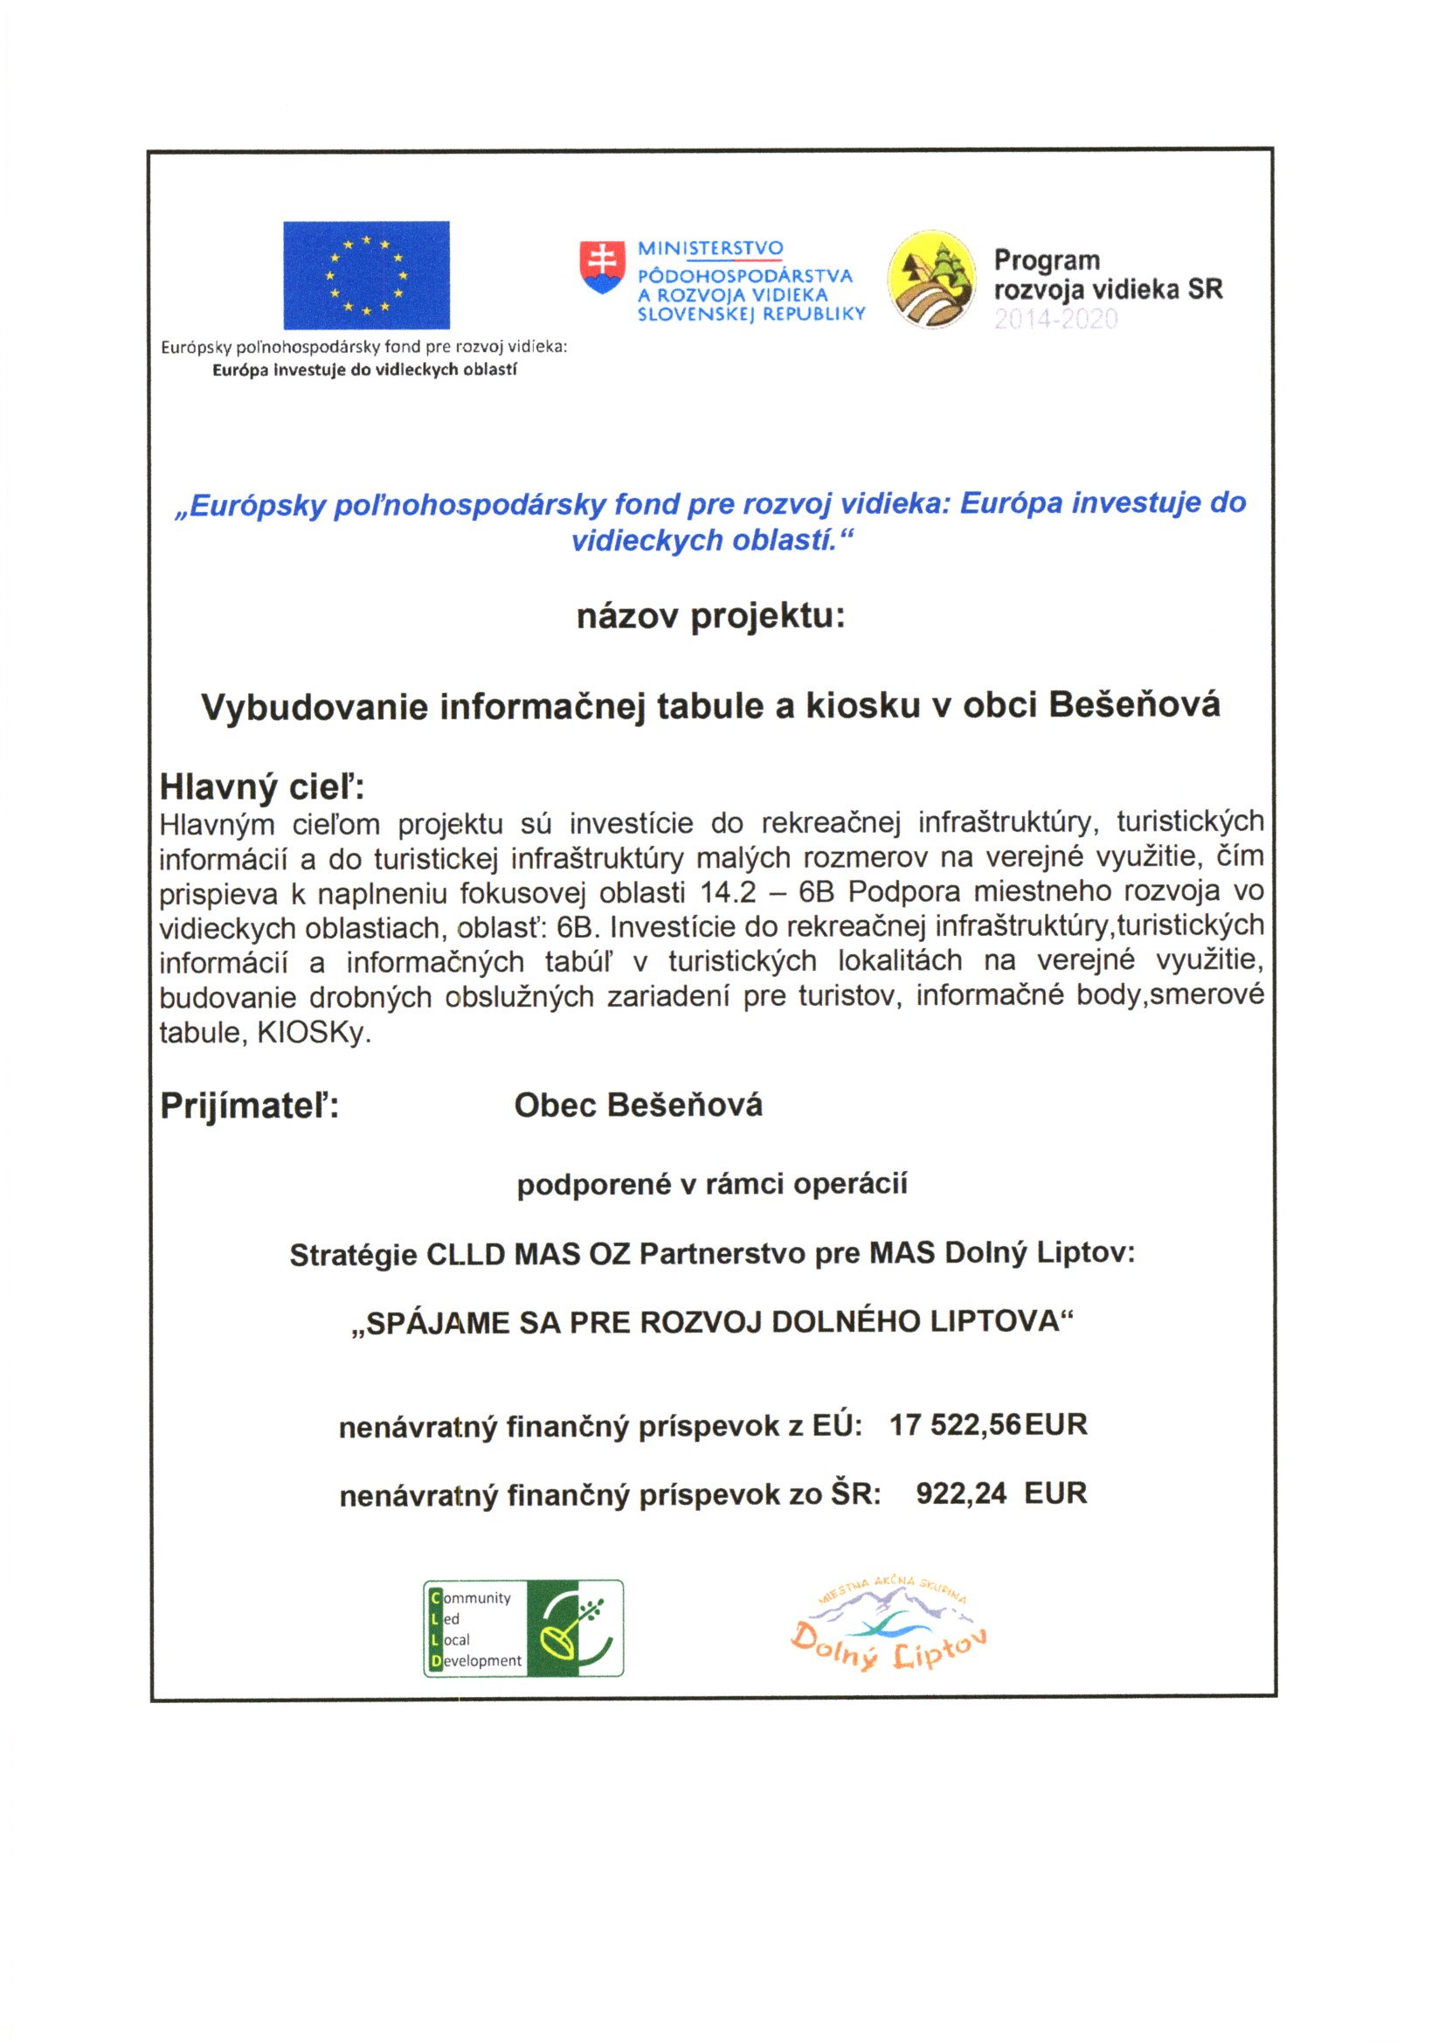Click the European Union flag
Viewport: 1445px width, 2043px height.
(x=366, y=275)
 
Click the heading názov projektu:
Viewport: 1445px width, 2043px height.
(x=710, y=617)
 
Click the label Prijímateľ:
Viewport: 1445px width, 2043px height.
(x=249, y=1106)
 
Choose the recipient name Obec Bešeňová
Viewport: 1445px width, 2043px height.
(x=638, y=1105)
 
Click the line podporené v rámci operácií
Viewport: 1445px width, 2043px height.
(x=712, y=1184)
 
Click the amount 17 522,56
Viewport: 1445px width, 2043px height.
(x=955, y=1425)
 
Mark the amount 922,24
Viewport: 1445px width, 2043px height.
(x=961, y=1493)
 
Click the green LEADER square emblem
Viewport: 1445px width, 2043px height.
(x=575, y=1629)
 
